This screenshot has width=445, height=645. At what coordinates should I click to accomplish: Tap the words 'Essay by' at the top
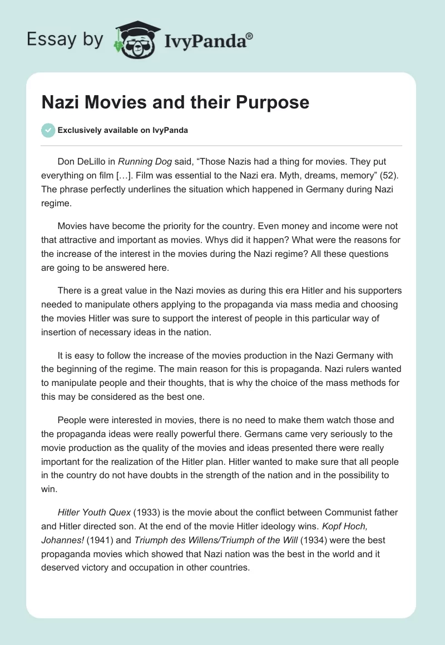pyautogui.click(x=66, y=40)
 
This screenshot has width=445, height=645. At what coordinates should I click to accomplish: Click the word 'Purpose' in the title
pyautogui.click(x=274, y=103)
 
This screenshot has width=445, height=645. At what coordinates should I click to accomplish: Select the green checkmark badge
pyautogui.click(x=48, y=130)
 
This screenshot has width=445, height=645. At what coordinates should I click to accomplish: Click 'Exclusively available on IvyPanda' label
pyautogui.click(x=123, y=131)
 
